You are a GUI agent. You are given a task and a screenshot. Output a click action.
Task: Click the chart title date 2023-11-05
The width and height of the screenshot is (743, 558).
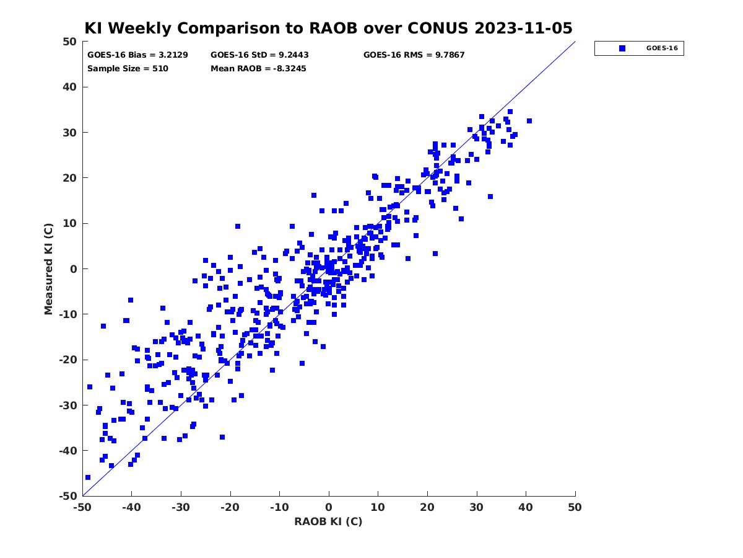coord(523,28)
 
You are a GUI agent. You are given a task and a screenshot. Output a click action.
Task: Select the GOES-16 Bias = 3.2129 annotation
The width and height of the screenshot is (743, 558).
coord(137,55)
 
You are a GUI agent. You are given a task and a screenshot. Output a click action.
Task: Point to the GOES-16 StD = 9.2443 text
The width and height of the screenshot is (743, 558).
coord(259,55)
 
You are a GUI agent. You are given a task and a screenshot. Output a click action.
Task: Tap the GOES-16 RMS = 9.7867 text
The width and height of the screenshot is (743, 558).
coord(414,55)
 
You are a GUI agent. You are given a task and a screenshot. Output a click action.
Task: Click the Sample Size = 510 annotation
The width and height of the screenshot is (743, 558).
coord(128,69)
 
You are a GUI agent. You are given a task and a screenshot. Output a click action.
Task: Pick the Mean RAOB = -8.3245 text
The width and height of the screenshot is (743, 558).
coord(258,69)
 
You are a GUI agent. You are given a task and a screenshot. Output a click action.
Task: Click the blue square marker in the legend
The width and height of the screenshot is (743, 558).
coord(622,48)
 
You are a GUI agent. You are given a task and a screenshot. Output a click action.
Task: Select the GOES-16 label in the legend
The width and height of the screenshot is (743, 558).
coord(662,48)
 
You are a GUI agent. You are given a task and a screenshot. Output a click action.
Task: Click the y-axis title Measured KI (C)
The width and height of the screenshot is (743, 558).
coord(48,268)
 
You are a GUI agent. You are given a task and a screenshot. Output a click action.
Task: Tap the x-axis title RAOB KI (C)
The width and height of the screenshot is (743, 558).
coord(328,521)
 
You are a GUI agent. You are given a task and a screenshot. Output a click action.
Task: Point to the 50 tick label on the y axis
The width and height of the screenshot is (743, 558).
coord(70,42)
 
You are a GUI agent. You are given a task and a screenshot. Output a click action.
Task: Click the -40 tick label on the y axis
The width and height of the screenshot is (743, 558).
coord(68,451)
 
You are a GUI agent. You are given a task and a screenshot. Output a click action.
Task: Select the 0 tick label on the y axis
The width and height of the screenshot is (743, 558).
coord(74,269)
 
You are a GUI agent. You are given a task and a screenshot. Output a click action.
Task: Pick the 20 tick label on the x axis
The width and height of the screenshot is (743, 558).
coord(427,507)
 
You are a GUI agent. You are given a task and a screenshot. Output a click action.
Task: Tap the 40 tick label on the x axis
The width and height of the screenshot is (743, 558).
coord(526,507)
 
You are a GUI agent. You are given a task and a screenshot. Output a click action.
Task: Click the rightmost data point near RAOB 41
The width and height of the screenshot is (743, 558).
coord(529,121)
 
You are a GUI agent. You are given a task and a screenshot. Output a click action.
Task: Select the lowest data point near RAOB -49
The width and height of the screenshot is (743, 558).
coord(88,477)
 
